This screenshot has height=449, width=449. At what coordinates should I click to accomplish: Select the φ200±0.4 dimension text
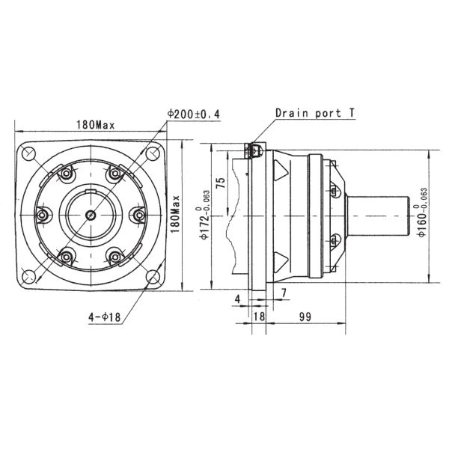point(197,114)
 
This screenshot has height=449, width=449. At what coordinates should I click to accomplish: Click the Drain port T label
point(314,114)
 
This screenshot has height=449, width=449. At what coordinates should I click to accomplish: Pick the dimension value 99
point(305,317)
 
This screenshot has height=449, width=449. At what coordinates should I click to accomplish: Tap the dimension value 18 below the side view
point(260,317)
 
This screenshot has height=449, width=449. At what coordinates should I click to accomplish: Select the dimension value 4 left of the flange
point(237,299)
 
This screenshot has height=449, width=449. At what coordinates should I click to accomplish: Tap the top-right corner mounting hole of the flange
point(152,154)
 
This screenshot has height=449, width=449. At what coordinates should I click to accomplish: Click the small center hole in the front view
point(91,215)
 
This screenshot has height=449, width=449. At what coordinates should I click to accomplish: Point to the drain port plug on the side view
point(253,151)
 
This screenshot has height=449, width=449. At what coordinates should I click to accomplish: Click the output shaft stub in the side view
point(382,215)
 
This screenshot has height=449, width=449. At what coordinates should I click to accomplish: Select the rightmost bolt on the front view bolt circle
point(140,215)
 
